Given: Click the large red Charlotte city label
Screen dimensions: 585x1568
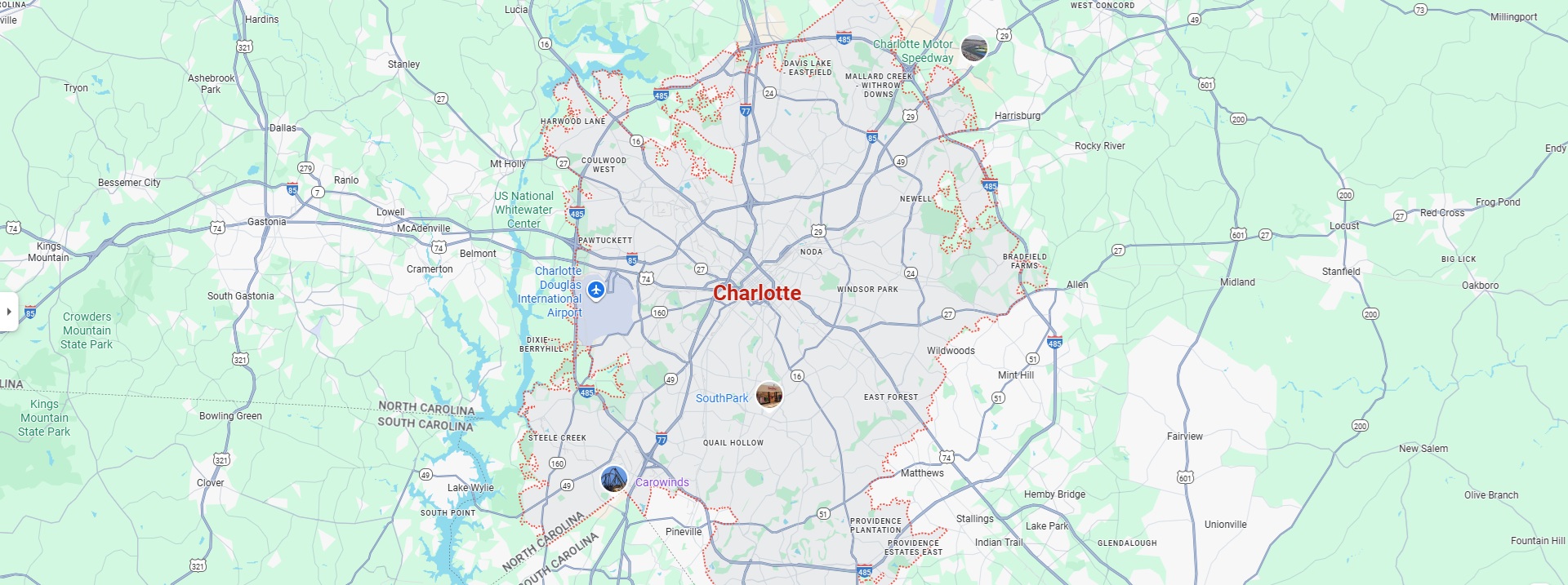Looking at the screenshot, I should tap(757, 293).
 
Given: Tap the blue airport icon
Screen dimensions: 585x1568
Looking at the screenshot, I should tap(596, 290).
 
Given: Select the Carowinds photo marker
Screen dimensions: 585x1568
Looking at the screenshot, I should tap(614, 479).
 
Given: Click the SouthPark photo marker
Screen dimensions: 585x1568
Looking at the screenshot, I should tap(769, 395).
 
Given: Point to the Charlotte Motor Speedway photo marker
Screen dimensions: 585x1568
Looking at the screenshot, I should tap(974, 48).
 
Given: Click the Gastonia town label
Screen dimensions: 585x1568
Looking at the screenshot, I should tap(267, 222).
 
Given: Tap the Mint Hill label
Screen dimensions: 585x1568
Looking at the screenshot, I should tap(1016, 375).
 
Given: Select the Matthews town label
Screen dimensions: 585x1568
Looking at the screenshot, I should tap(922, 473).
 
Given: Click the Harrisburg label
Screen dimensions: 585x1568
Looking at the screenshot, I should tap(1018, 116).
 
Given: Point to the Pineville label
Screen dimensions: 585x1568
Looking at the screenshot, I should tap(684, 532).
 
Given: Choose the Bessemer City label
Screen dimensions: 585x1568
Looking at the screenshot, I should tap(129, 183).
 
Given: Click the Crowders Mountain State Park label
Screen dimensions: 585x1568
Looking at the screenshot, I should tap(87, 330).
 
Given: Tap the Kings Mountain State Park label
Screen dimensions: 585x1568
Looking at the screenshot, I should tap(44, 418).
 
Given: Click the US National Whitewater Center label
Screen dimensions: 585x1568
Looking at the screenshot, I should tap(523, 210).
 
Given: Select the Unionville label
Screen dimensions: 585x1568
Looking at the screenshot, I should tap(1225, 525).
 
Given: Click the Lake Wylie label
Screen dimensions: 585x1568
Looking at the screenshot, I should tap(470, 488).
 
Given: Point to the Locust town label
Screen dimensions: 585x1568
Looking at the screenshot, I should tap(1344, 226).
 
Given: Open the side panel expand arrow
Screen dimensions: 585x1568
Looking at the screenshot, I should tap(8, 312).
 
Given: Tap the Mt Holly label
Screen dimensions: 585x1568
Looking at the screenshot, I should tap(508, 164).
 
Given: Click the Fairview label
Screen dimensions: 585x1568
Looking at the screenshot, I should tap(1184, 437).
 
